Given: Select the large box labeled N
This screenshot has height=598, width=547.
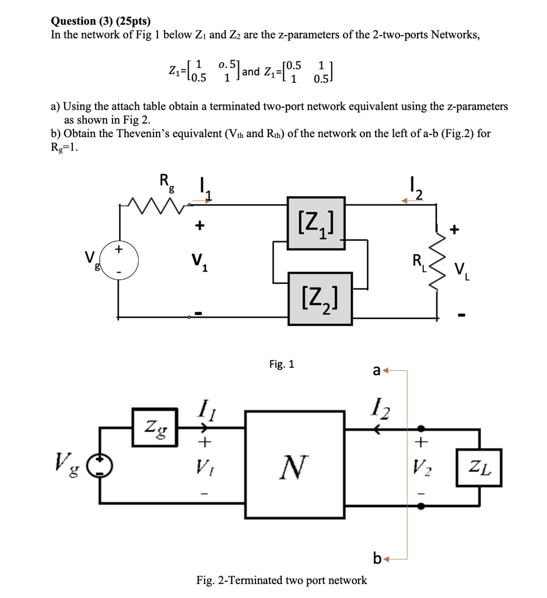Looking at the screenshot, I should pyautogui.click(x=294, y=465).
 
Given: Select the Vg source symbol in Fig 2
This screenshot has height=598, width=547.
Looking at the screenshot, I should pyautogui.click(x=99, y=465).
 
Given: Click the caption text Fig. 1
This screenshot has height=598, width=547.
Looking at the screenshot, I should pyautogui.click(x=282, y=364).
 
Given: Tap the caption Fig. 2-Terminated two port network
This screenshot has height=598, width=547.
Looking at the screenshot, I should pyautogui.click(x=282, y=580).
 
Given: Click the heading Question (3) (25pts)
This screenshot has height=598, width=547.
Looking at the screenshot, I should pyautogui.click(x=101, y=22).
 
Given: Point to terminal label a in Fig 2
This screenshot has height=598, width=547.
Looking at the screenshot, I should pyautogui.click(x=377, y=370).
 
